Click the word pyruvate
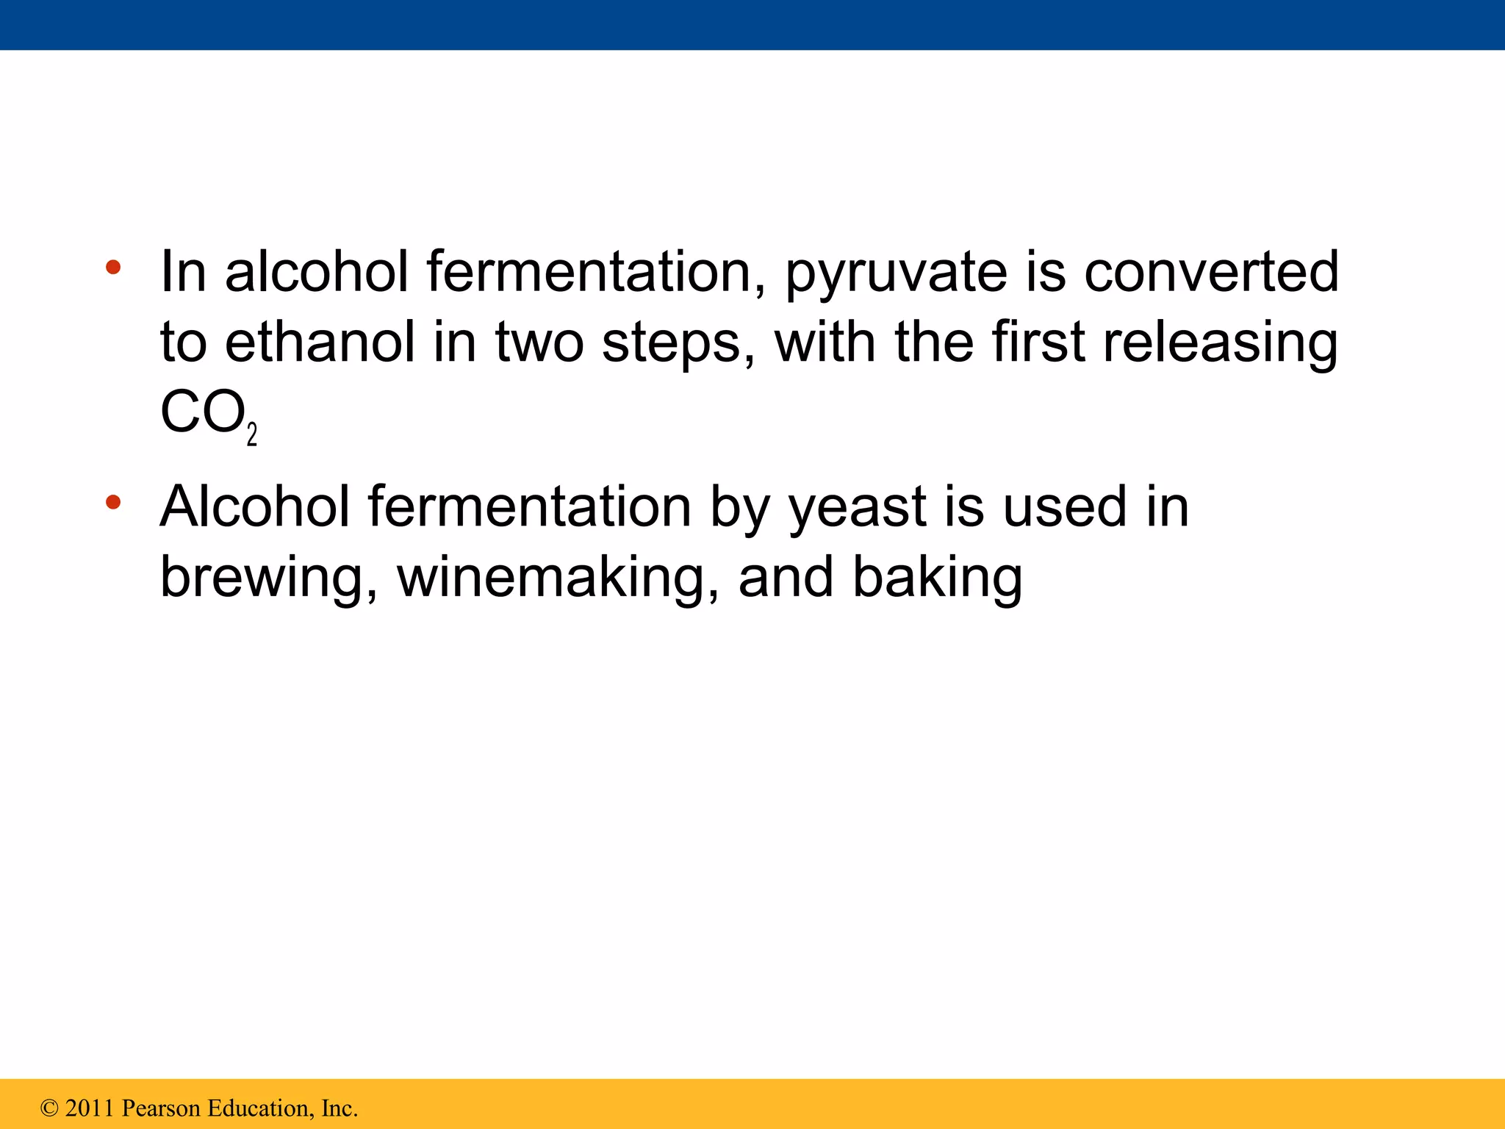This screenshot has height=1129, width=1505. click(896, 273)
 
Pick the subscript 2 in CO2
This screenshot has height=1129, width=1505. click(252, 435)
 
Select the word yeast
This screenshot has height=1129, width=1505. click(857, 509)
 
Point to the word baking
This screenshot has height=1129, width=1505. click(937, 579)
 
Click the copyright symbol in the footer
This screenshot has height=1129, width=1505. click(49, 1108)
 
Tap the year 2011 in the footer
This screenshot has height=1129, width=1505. click(90, 1108)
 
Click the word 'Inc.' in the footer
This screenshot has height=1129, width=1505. click(339, 1108)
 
